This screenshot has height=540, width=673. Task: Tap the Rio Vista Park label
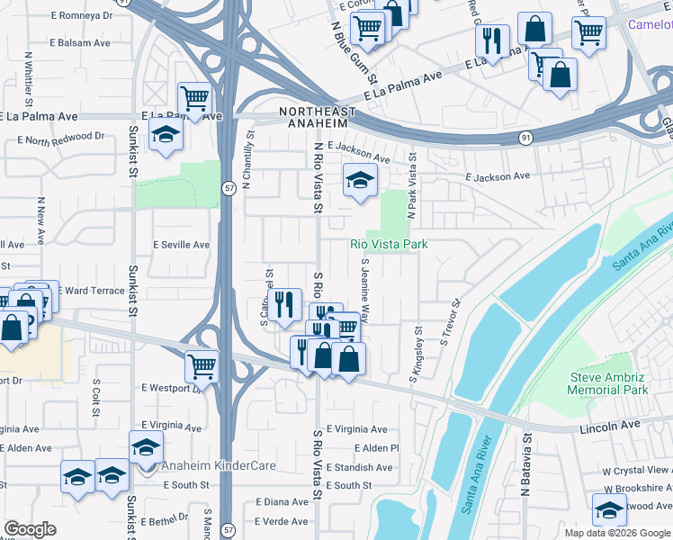point(388,244)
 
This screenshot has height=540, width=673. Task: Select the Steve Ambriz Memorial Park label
point(609,383)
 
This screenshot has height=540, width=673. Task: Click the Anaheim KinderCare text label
point(219,465)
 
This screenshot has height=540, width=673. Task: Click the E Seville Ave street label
point(181,245)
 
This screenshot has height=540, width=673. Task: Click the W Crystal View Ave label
point(637,470)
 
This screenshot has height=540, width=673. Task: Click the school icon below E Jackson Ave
point(359,180)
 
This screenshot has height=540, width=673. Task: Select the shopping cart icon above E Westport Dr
point(202,365)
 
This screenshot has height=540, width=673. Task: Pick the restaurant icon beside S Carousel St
point(285,303)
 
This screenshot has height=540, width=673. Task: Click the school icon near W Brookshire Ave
point(609,508)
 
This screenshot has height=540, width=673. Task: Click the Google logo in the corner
point(30,528)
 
